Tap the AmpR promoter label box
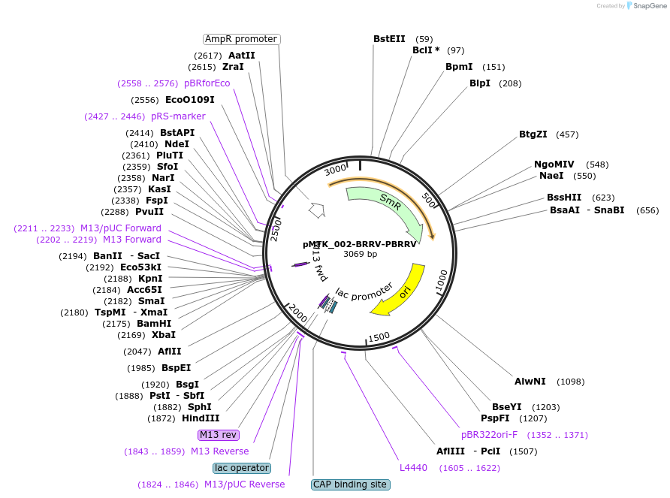[241, 39]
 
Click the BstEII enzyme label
[389, 39]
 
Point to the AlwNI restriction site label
[530, 382]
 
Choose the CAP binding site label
[350, 484]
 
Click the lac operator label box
[242, 468]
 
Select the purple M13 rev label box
[219, 435]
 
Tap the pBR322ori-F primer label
[489, 435]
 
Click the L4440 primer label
[413, 468]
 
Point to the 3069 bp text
[361, 254]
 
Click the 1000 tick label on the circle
[442, 281]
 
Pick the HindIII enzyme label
[201, 418]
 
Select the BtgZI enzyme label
[533, 134]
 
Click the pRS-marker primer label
[178, 116]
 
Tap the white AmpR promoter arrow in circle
[317, 210]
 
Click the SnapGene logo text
[650, 6]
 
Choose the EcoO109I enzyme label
[190, 100]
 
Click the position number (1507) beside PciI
[523, 451]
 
